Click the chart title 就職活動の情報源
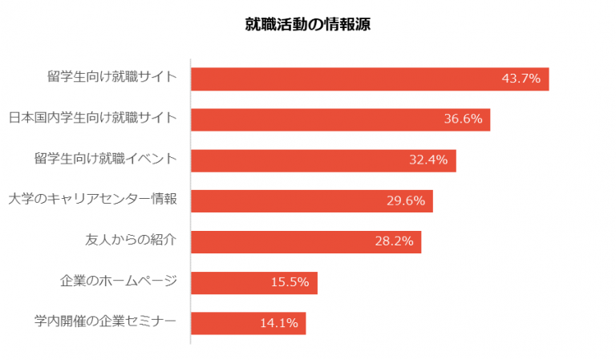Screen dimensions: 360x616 click(307, 25)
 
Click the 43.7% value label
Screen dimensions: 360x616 click(521, 79)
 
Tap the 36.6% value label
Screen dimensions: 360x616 click(463, 119)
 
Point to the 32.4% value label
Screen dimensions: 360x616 click(428, 160)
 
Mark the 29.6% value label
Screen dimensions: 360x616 click(405, 201)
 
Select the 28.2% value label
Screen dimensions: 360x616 click(394, 242)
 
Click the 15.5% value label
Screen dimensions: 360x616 click(290, 282)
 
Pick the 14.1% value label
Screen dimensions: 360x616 click(278, 323)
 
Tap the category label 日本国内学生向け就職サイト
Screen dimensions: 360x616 click(92, 119)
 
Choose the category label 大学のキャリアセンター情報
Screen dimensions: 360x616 click(92, 200)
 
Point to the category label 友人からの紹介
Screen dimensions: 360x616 click(131, 241)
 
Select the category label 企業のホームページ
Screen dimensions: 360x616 click(118, 282)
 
